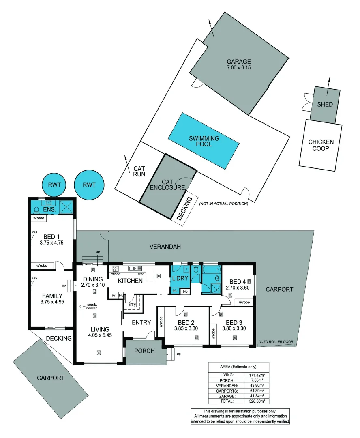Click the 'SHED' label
pyautogui.click(x=325, y=104)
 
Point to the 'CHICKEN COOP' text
pyautogui.click(x=321, y=145)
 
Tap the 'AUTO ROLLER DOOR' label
pyautogui.click(x=276, y=342)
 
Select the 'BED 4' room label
pyautogui.click(x=238, y=282)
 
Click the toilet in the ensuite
pyautogui.click(x=36, y=210)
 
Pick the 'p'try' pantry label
pyautogui.click(x=131, y=305)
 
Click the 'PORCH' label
pyautogui.click(x=145, y=351)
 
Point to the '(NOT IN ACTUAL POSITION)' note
pyautogui.click(x=223, y=204)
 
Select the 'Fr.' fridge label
pyautogui.click(x=114, y=296)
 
